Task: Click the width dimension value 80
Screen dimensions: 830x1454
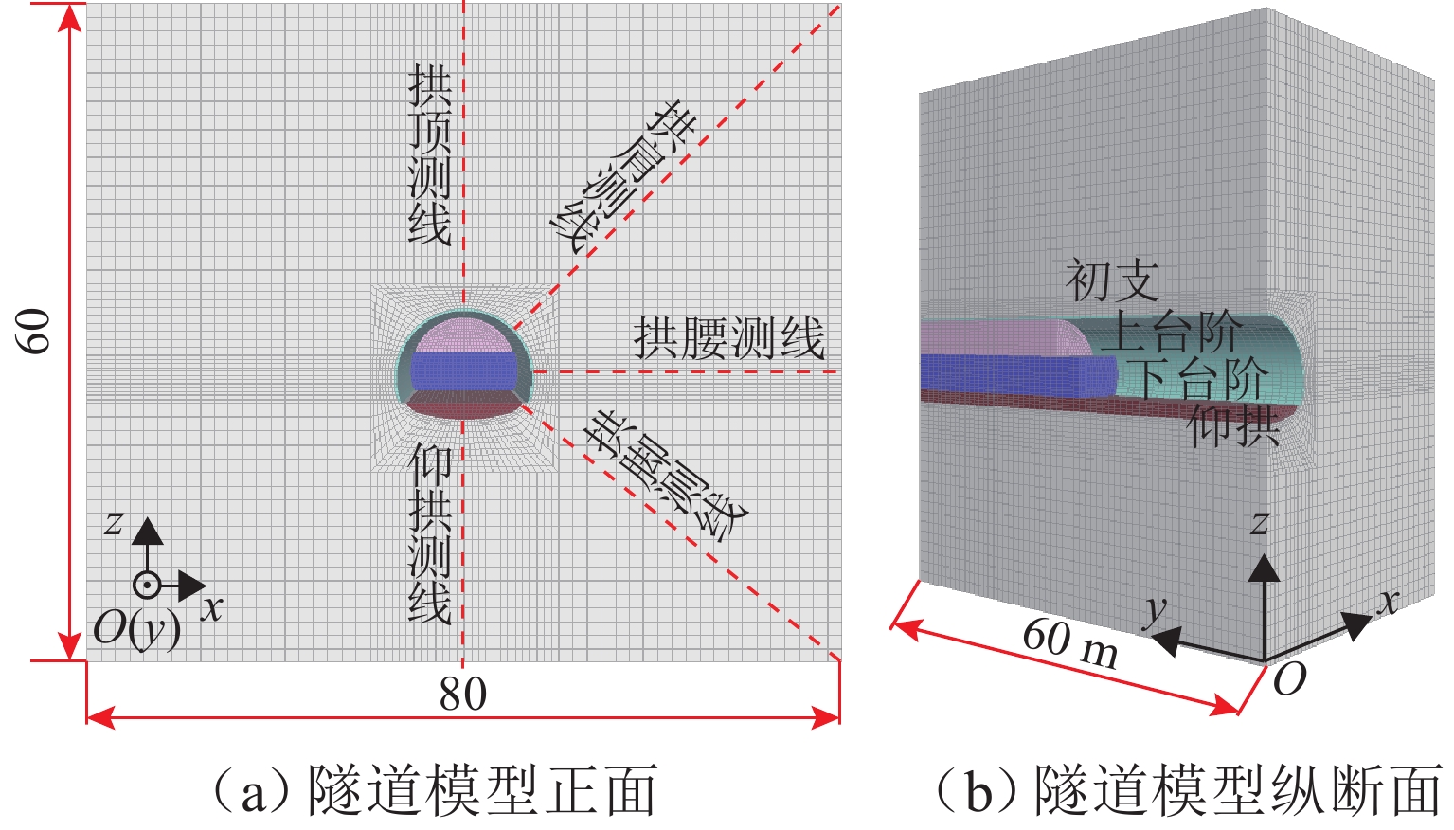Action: click(462, 695)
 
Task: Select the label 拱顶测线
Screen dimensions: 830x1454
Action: click(429, 155)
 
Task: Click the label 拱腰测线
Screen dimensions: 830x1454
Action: click(728, 338)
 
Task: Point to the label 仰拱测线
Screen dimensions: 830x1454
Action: click(429, 535)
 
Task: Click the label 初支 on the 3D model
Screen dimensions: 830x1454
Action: click(1112, 280)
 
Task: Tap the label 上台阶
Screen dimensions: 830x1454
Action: click(1173, 332)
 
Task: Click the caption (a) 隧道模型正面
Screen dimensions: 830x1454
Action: click(432, 791)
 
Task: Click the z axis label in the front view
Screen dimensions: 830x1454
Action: click(114, 521)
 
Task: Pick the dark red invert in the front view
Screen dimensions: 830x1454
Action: click(464, 405)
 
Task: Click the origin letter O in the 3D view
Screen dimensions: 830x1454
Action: click(1289, 678)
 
